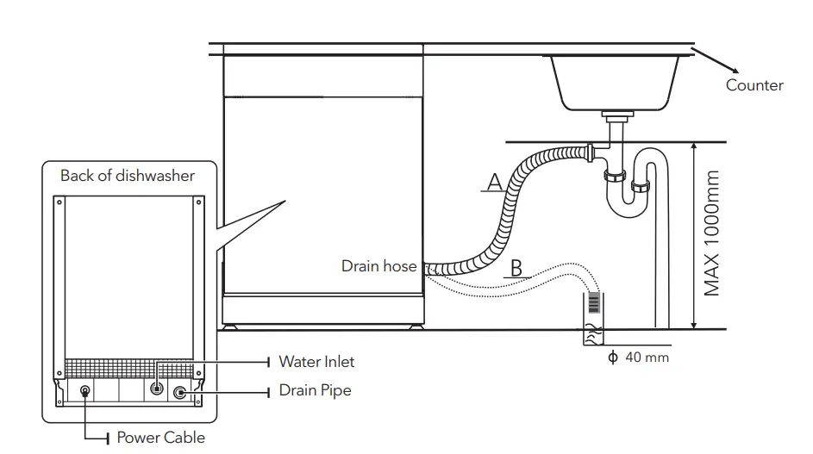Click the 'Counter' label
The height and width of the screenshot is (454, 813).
click(x=754, y=85)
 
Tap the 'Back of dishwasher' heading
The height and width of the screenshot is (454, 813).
click(x=128, y=176)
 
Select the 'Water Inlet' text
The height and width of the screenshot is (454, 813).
click(x=316, y=362)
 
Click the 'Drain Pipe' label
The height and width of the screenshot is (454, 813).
click(x=315, y=390)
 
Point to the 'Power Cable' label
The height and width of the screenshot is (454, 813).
click(x=161, y=438)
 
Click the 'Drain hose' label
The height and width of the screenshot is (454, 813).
click(x=378, y=266)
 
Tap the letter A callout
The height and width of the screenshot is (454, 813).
click(x=494, y=182)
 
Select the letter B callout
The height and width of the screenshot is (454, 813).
click(x=516, y=268)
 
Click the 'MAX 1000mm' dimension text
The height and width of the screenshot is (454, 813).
click(x=711, y=233)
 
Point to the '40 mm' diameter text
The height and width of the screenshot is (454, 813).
click(x=647, y=357)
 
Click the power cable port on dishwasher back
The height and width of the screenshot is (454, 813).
click(x=85, y=391)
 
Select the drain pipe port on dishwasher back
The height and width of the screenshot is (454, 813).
click(x=180, y=392)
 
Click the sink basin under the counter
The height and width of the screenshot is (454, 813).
click(x=615, y=82)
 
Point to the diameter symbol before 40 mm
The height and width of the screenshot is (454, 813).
click(x=613, y=357)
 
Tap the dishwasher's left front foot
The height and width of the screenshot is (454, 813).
click(x=232, y=326)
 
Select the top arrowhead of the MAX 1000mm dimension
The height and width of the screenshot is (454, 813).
click(x=695, y=146)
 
